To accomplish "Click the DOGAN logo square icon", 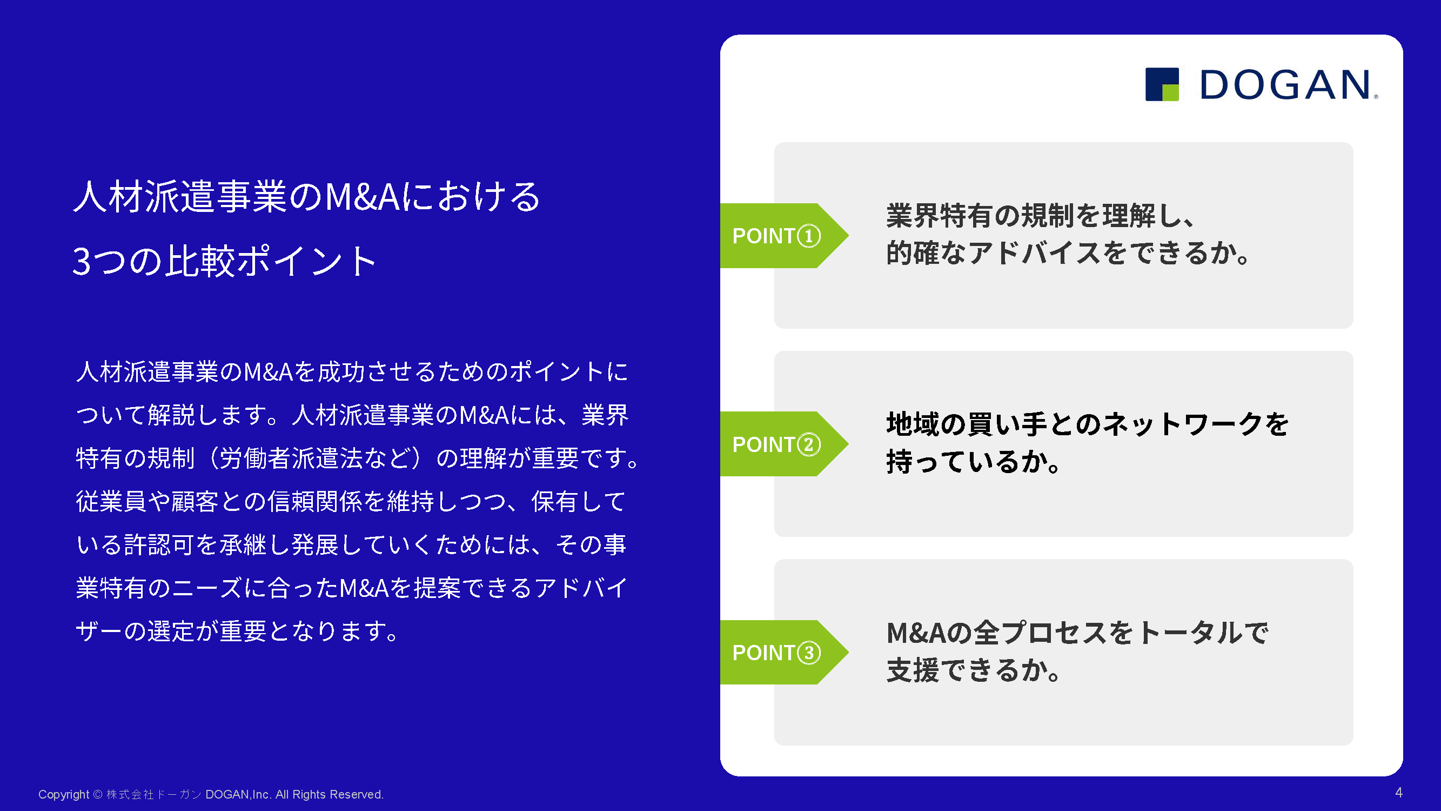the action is [1162, 84].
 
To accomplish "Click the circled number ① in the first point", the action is [809, 236].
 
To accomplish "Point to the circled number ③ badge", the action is [809, 653].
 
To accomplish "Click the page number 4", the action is [1398, 793].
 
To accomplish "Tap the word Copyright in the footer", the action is [64, 795].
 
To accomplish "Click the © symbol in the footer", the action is [98, 795].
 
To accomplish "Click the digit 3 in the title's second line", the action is [82, 261].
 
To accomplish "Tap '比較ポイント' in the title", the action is [271, 261].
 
